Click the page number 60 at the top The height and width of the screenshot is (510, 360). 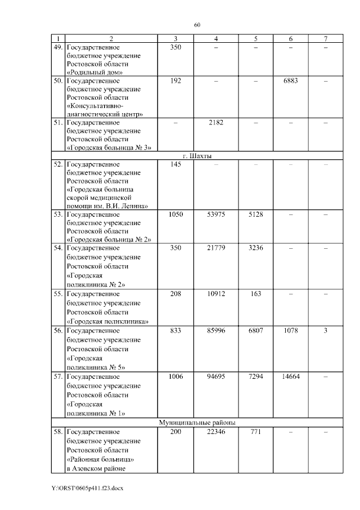[197, 25]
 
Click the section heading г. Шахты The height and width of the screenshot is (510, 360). [197, 156]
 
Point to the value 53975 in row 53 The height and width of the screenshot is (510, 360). [216, 214]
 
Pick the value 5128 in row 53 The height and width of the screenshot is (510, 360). [255, 214]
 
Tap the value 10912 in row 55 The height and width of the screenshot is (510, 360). [216, 294]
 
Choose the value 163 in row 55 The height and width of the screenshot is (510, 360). [255, 294]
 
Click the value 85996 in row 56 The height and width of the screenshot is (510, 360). [216, 331]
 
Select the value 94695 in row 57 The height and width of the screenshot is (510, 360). [216, 376]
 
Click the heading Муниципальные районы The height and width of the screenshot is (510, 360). [197, 422]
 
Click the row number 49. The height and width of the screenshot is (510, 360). [57, 47]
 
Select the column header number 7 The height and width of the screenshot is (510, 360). [325, 38]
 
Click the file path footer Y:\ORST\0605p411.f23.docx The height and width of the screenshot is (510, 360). [87, 488]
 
